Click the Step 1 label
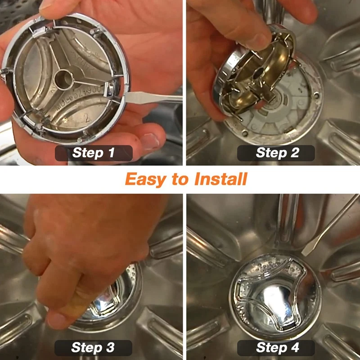click(94, 153)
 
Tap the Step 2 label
click(277, 153)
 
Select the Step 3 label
click(94, 347)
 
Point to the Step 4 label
click(277, 347)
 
